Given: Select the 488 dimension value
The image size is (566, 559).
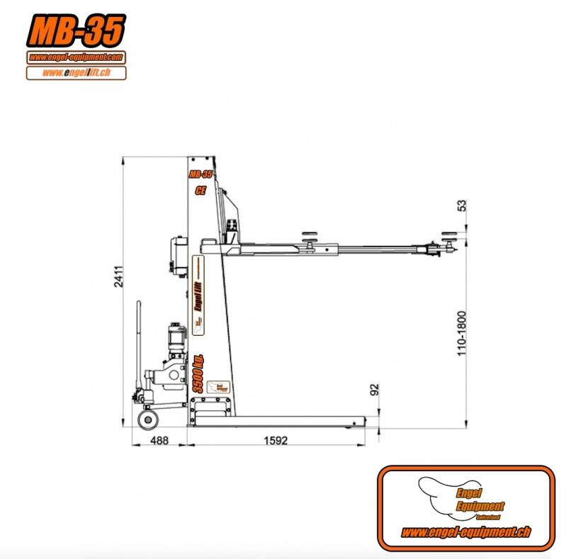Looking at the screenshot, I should tap(161, 440).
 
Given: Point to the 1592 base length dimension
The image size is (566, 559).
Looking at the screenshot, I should tap(276, 440).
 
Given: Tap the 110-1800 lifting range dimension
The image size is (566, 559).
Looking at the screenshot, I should tap(462, 332).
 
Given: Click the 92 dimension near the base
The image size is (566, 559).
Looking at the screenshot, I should tap(375, 389).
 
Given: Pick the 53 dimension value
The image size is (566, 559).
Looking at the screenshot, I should tap(462, 205).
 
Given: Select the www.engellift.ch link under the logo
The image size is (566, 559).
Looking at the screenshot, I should tap(77, 72).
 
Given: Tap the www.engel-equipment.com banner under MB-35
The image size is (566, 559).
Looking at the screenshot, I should tap(77, 57).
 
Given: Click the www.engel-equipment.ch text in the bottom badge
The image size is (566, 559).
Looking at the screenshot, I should tap(465, 532).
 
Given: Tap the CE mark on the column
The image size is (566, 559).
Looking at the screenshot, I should tap(200, 190).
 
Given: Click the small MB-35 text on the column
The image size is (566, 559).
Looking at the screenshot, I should tap(200, 174).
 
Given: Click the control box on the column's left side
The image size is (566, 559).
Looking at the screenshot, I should tap(176, 255).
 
